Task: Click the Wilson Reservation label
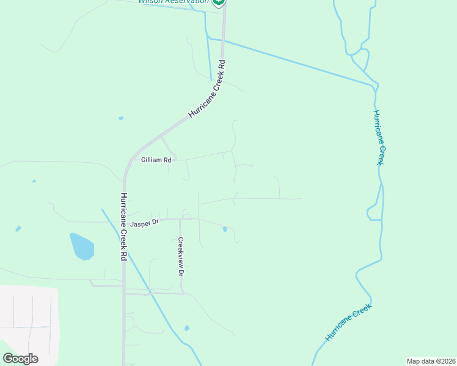(173, 2)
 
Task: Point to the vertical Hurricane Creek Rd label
(123, 227)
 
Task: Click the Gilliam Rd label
(156, 159)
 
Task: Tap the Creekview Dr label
(181, 256)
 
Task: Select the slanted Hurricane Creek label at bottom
(348, 323)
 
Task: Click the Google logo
(20, 359)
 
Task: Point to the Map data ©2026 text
(431, 361)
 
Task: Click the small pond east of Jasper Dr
(225, 229)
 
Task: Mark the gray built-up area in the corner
(27, 323)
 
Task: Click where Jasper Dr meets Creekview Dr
(180, 219)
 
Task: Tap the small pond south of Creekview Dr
(186, 328)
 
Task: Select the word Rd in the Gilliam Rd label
(166, 159)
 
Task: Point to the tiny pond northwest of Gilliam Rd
(121, 118)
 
